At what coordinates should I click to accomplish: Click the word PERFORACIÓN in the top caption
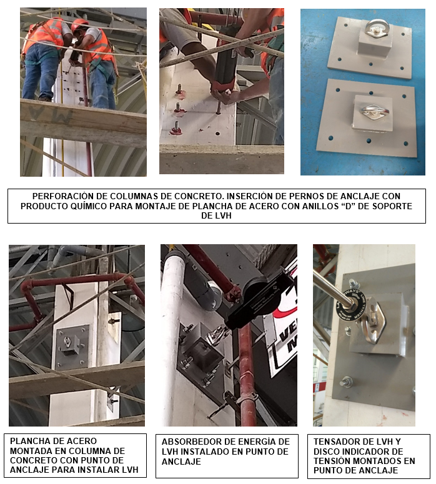click(59, 196)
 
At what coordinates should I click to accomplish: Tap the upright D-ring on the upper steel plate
click(375, 28)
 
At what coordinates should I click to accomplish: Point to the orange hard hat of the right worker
click(79, 24)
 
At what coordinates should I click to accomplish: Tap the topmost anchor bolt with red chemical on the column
click(179, 91)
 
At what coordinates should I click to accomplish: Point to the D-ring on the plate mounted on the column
click(67, 342)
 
